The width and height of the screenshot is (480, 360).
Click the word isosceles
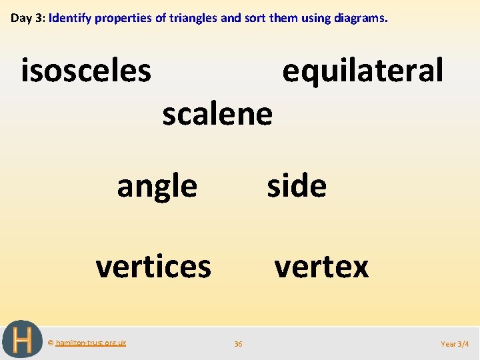pyautogui.click(x=86, y=71)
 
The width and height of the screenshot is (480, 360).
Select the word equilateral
pyautogui.click(x=363, y=70)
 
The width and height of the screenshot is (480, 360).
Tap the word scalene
pyautogui.click(x=217, y=114)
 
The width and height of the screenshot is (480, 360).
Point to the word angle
pyautogui.click(x=157, y=187)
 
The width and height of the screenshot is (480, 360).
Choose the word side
pyautogui.click(x=297, y=185)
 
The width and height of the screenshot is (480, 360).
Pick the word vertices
pyautogui.click(x=153, y=267)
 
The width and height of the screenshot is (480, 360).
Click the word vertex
pyautogui.click(x=321, y=267)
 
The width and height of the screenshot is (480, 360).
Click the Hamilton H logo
pyautogui.click(x=22, y=340)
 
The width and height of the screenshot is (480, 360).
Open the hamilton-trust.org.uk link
pyautogui.click(x=91, y=343)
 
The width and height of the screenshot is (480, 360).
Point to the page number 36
pyautogui.click(x=238, y=344)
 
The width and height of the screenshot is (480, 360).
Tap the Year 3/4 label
pyautogui.click(x=455, y=344)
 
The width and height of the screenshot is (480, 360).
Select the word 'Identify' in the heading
pyautogui.click(x=70, y=18)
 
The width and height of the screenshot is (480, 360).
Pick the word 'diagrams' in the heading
pyautogui.click(x=358, y=18)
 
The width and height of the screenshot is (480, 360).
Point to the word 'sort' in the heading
pyautogui.click(x=253, y=18)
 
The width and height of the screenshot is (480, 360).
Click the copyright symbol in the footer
pyautogui.click(x=51, y=343)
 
